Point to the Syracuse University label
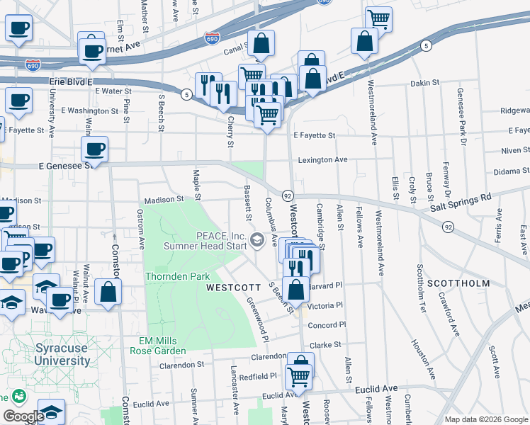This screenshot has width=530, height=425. [x=63, y=354]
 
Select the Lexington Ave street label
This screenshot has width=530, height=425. [x=322, y=160]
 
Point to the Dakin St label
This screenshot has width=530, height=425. [x=425, y=84]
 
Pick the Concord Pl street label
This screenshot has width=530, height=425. [x=327, y=324]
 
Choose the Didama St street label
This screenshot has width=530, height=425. [x=512, y=171]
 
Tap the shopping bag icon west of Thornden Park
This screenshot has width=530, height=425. [x=108, y=292]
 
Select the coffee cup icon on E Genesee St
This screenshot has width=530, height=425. [x=94, y=149]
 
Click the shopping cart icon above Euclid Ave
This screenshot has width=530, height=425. [x=299, y=376]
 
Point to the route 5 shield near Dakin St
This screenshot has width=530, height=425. [x=426, y=46]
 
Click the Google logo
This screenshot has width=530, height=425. [x=23, y=416]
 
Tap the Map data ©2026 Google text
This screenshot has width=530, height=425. [x=485, y=419]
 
